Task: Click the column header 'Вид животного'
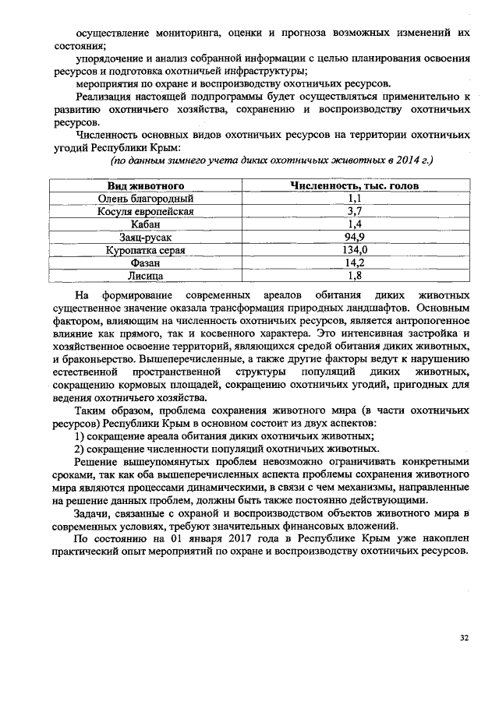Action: pyautogui.click(x=146, y=186)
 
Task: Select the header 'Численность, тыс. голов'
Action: pyautogui.click(x=355, y=186)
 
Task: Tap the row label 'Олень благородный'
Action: pyautogui.click(x=146, y=199)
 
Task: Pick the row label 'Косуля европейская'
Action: pyautogui.click(x=146, y=211)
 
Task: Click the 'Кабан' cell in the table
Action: pyautogui.click(x=146, y=224)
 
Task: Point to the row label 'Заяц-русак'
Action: pyautogui.click(x=146, y=236)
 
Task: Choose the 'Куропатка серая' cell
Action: pyautogui.click(x=146, y=249)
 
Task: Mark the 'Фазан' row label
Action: pyautogui.click(x=146, y=263)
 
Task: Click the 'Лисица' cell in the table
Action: pyautogui.click(x=146, y=275)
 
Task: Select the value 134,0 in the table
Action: pyautogui.click(x=355, y=249)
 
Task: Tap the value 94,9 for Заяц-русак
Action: pyautogui.click(x=355, y=236)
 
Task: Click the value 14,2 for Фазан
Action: pyautogui.click(x=355, y=263)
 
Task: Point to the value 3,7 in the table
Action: pyautogui.click(x=355, y=211)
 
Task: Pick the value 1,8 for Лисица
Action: pyautogui.click(x=355, y=275)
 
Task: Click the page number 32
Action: pyautogui.click(x=464, y=637)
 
